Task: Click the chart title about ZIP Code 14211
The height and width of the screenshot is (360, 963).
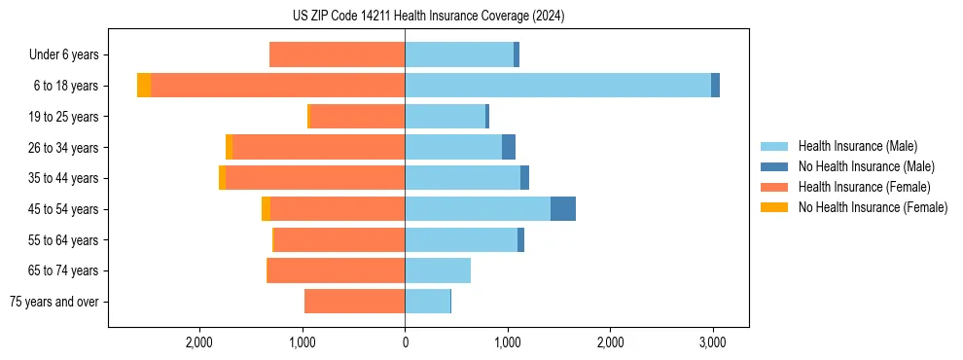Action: point(428,17)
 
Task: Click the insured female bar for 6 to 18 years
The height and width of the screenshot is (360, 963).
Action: point(277,86)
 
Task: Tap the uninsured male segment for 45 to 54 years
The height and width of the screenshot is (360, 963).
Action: point(562,209)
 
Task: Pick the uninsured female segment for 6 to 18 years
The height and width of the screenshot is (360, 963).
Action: point(144,86)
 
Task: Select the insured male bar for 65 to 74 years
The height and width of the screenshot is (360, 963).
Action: point(438,270)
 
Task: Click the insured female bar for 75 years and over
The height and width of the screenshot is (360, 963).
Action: point(354,302)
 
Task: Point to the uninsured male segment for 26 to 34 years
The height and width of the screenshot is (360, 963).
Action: point(508,147)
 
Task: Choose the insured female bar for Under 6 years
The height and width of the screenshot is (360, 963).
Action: point(337,55)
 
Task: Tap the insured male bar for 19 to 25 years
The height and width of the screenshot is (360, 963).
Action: point(445,117)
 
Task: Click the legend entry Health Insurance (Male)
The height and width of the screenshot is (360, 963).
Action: point(851,146)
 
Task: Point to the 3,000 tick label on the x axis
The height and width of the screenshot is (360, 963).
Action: point(712,342)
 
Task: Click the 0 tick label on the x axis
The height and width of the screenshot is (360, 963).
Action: point(405,342)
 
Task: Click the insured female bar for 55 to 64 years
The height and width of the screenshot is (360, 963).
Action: point(339,240)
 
